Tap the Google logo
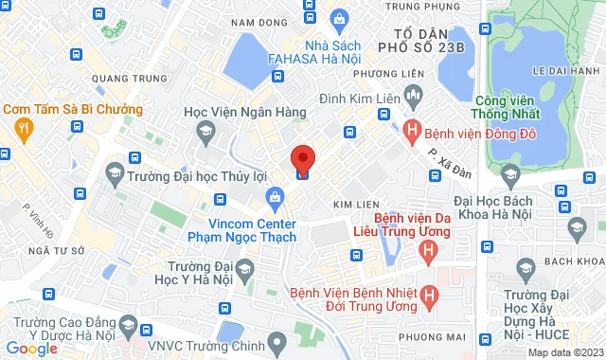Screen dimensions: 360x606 [31, 349]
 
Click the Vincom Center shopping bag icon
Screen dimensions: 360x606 [276, 198]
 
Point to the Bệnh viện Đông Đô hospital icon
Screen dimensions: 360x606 [412, 128]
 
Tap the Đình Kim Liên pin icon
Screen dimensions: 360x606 [412, 96]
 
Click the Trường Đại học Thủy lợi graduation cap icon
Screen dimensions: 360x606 [115, 173]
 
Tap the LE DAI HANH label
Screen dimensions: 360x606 [561, 70]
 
